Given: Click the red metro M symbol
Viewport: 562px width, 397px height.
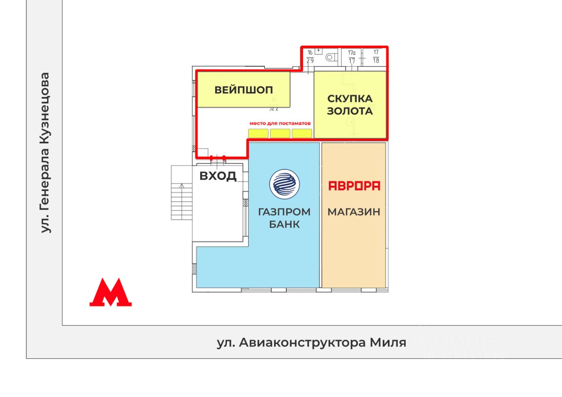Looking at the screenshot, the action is tap(111, 292).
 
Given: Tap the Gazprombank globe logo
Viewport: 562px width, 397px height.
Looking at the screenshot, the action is tap(284, 184).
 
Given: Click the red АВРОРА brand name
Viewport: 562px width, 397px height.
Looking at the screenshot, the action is tap(354, 186).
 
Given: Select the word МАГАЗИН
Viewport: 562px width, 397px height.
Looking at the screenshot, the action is tap(354, 212).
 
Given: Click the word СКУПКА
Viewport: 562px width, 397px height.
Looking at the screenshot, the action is tap(350, 98).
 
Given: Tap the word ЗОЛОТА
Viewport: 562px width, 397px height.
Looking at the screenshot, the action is tap(350, 111).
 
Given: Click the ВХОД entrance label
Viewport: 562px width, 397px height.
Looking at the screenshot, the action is tap(218, 176).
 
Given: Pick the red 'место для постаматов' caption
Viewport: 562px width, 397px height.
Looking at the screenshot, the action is tap(280, 123).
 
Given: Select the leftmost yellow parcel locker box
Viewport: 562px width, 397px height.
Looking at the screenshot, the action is tap(258, 133).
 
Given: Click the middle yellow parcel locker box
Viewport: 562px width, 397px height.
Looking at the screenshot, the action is tap(280, 133).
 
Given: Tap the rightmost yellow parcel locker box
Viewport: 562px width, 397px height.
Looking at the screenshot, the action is tap(302, 133).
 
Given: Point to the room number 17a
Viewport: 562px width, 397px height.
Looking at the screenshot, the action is tap(352, 52).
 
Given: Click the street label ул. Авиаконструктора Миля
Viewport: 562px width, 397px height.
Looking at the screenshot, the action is tap(311, 343).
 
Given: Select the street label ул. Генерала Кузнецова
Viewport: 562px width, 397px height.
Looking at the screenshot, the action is tap(45, 153).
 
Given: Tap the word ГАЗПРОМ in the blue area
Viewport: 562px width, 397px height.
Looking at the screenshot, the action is tap(284, 212).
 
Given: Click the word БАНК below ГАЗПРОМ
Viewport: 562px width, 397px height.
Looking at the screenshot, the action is tap(284, 224).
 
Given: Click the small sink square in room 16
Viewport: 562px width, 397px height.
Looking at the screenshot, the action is tap(319, 51).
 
